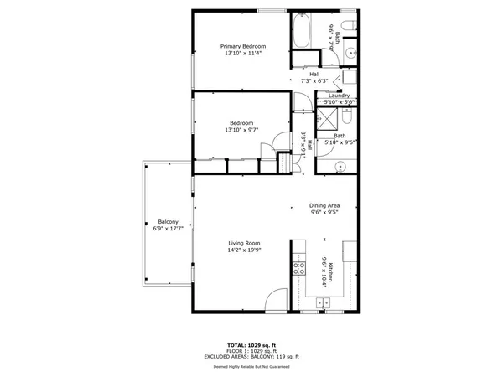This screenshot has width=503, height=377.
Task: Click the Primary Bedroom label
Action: click(243, 45)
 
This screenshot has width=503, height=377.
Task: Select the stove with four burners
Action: click(297, 269)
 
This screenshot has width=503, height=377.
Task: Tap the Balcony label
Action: click(168, 222)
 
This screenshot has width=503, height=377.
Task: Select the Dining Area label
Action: click(324, 205)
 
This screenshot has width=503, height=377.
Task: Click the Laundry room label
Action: click(339, 96)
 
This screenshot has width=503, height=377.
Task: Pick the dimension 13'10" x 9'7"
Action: click(241, 130)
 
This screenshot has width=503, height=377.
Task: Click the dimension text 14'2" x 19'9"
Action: click(245, 250)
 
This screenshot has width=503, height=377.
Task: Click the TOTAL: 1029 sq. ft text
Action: click(251, 345)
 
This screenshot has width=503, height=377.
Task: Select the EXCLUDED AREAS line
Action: click(251, 357)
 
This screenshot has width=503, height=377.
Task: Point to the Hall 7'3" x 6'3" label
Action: click(314, 78)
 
